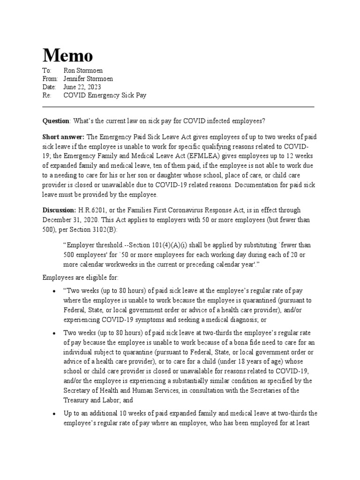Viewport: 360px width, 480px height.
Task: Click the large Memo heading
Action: [68, 56]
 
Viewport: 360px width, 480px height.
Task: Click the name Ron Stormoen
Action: [83, 70]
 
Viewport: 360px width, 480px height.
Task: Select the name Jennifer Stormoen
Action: [88, 79]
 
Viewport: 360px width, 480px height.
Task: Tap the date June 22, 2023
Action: [82, 87]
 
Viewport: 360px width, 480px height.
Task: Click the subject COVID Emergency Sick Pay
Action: [105, 96]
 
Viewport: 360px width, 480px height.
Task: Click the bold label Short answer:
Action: [64, 136]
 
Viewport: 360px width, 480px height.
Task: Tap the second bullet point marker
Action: [55, 333]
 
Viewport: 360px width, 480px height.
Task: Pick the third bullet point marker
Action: [55, 414]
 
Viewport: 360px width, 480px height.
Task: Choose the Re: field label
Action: [47, 96]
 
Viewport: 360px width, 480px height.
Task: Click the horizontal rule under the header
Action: [178, 106]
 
